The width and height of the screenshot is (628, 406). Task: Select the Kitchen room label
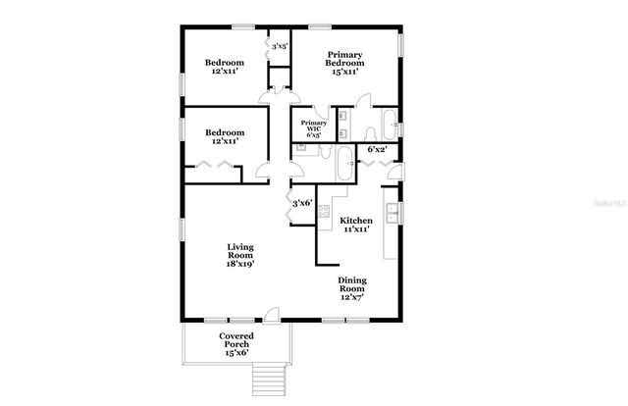point(356,221)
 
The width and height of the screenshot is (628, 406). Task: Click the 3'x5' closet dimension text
point(280,46)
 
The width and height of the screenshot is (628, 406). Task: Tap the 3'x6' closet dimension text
point(302,203)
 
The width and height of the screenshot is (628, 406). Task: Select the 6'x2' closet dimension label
point(377,150)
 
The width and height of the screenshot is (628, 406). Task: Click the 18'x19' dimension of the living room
point(240,264)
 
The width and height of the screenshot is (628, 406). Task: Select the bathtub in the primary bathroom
point(389,125)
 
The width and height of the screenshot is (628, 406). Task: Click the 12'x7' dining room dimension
point(351,297)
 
